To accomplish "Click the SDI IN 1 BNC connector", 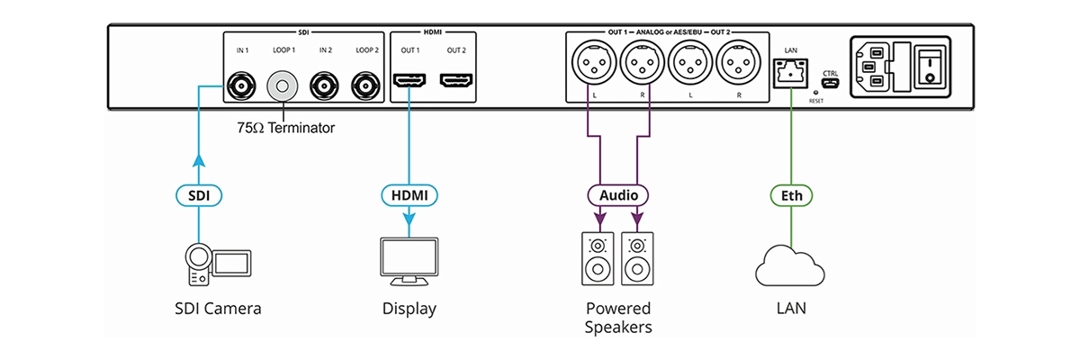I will pyautogui.click(x=240, y=87).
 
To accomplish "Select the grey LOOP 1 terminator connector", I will pyautogui.click(x=283, y=87).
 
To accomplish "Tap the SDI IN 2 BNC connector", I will pyautogui.click(x=324, y=87).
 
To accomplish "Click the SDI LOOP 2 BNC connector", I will pyautogui.click(x=366, y=87).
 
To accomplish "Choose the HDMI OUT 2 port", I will pyautogui.click(x=456, y=83).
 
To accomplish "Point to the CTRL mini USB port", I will pyautogui.click(x=830, y=85).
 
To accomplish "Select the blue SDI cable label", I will pyautogui.click(x=197, y=193).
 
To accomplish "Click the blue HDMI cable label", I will pyautogui.click(x=409, y=193).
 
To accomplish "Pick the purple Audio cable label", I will pyautogui.click(x=617, y=193).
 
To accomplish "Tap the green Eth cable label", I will pyautogui.click(x=789, y=193).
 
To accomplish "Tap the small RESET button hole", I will pyautogui.click(x=814, y=92).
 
